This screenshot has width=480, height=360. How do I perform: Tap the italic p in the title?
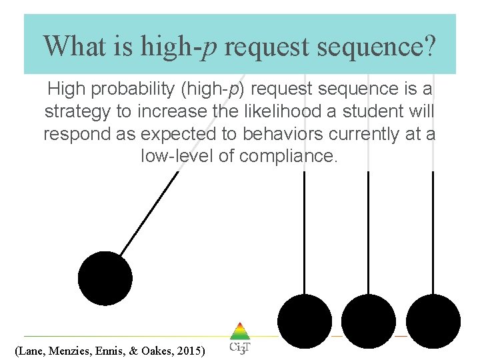[212, 49]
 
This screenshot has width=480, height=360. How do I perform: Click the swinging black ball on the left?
[105, 278]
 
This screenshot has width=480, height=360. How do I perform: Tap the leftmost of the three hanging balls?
[305, 321]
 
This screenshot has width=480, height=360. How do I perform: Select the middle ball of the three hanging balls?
[369, 321]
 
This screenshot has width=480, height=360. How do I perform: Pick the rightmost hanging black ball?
[433, 321]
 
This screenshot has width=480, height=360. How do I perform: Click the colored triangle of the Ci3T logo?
[239, 331]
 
